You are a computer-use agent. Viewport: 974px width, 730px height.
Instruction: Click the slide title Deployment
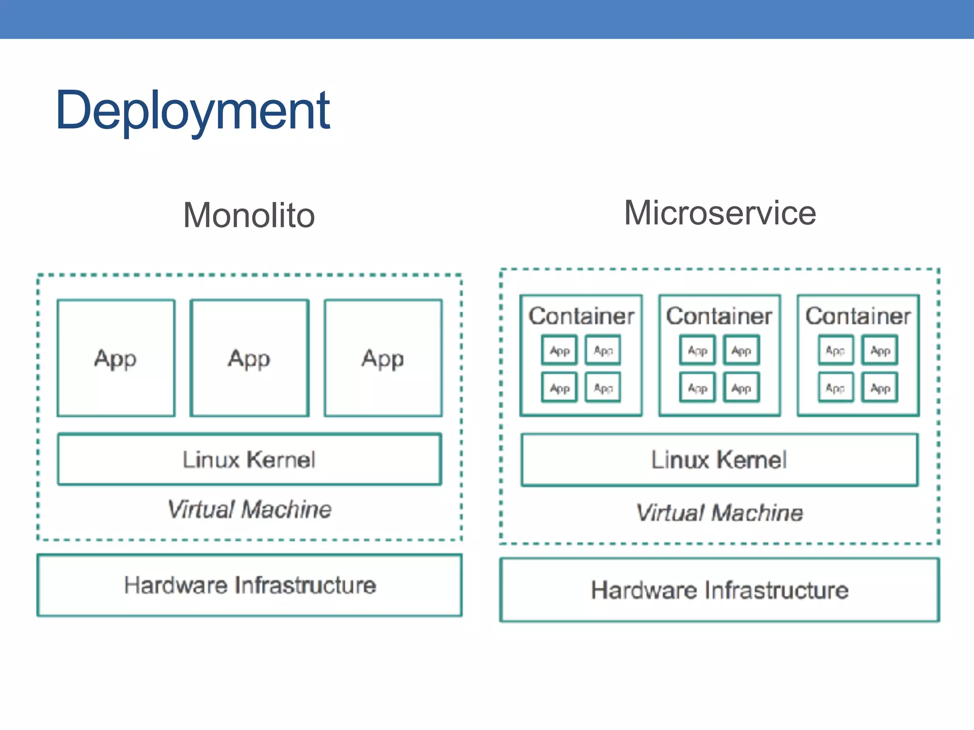pos(193,110)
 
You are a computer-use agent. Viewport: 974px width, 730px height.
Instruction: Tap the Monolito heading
pos(249,215)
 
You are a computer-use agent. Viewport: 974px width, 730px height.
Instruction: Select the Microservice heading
pos(720,213)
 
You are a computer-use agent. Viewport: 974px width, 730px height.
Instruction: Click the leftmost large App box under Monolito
pos(116,358)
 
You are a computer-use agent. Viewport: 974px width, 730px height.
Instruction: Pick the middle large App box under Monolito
pos(249,358)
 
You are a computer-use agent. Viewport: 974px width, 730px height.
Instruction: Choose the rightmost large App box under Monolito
pos(383,358)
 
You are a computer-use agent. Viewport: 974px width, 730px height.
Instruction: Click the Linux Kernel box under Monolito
pos(249,460)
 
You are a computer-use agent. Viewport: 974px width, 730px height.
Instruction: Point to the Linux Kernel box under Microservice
pos(719,460)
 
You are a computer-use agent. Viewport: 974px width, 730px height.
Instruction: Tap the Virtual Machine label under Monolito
pos(249,509)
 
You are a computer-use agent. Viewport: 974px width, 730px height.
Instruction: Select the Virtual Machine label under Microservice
pos(719,513)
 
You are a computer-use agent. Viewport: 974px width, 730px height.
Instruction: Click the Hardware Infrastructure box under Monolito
pos(249,585)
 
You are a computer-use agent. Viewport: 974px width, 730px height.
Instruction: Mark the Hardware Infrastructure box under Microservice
pos(719,590)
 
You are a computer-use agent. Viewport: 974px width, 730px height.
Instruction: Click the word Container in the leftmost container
pos(581,316)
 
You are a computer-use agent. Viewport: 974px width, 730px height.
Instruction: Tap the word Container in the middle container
pos(719,316)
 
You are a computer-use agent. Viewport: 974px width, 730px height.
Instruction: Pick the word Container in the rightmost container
pos(858,316)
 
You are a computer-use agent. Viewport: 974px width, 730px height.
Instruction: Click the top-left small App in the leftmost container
pos(559,350)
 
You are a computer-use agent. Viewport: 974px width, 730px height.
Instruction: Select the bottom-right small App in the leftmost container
pos(603,388)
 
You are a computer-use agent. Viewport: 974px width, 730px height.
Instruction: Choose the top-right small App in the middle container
pos(741,350)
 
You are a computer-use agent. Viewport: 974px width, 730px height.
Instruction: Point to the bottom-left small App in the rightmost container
pos(836,388)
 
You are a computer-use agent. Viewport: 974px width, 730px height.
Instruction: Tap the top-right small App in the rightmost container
pos(880,350)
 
